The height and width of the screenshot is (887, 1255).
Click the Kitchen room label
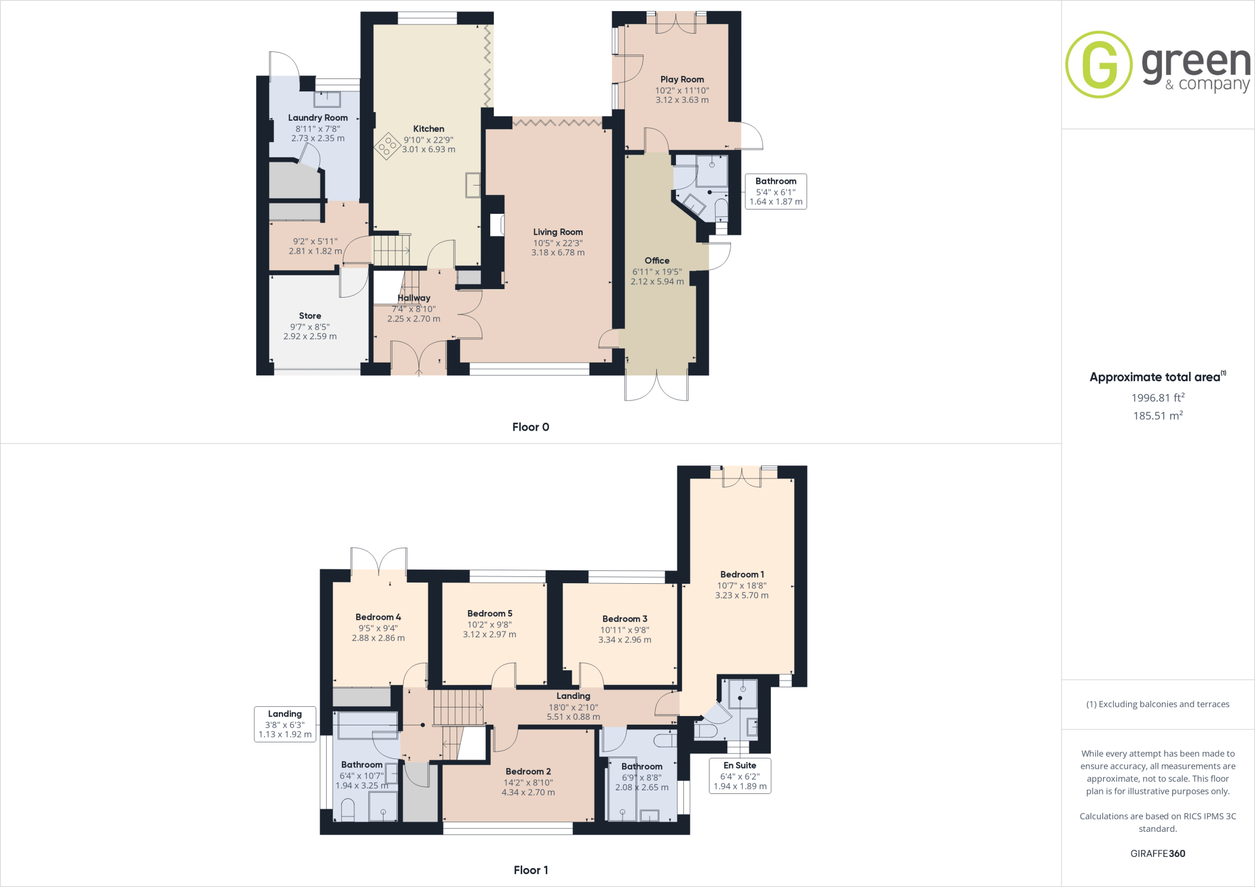[428, 129]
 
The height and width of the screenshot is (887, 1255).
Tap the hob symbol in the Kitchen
[387, 146]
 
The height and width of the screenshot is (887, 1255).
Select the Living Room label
[558, 232]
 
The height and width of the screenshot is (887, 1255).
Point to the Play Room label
[682, 79]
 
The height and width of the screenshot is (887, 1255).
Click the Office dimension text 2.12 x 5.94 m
[657, 282]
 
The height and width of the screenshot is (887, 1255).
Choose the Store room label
[310, 315]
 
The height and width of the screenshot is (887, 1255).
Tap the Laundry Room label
[317, 118]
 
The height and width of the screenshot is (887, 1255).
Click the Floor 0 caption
[531, 427]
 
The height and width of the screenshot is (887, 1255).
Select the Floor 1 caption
[531, 870]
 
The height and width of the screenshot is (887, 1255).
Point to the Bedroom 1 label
[741, 575]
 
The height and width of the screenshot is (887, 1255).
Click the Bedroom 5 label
[490, 613]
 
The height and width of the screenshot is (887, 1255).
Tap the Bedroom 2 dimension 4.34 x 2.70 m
[528, 793]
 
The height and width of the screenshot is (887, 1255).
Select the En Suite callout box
[740, 776]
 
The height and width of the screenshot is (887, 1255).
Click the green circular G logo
[1098, 64]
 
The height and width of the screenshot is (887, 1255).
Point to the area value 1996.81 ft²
[1158, 398]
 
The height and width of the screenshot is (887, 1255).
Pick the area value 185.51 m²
[1158, 415]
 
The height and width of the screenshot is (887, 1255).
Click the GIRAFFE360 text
[1158, 853]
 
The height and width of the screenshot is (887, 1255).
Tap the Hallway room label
[414, 298]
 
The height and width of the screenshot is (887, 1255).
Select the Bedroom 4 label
[378, 617]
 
